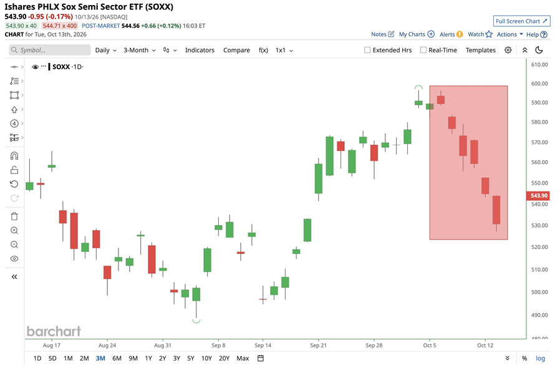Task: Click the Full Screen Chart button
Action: (x=521, y=21)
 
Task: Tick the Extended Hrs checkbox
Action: (x=367, y=50)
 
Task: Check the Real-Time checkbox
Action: (x=423, y=50)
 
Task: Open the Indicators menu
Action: (x=200, y=50)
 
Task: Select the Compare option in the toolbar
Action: (x=236, y=50)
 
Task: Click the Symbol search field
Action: (x=50, y=50)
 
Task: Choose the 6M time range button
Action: (x=117, y=358)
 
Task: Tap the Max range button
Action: (x=243, y=358)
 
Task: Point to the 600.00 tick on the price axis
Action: (x=539, y=84)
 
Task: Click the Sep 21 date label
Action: (x=318, y=345)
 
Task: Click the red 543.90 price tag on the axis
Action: (x=538, y=195)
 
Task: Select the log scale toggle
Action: (x=541, y=358)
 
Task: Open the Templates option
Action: (x=480, y=50)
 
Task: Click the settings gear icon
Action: (x=508, y=50)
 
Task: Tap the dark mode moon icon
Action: (x=539, y=50)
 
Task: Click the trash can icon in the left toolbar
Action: (x=14, y=216)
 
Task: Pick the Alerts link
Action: (x=451, y=34)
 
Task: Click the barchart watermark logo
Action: (x=54, y=331)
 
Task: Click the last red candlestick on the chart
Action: (x=496, y=210)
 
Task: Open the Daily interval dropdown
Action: (x=106, y=50)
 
